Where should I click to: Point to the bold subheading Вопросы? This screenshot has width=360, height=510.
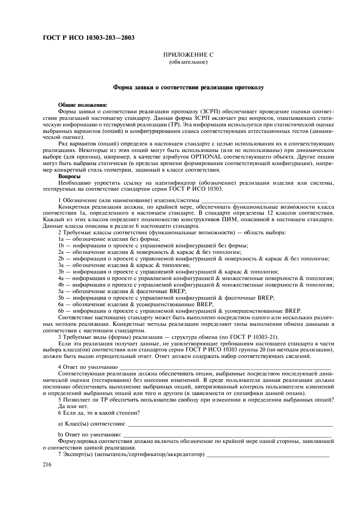[x=69, y=177]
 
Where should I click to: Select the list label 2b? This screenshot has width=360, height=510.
[x=62, y=258]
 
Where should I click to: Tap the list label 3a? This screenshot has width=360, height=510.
[x=62, y=265]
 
